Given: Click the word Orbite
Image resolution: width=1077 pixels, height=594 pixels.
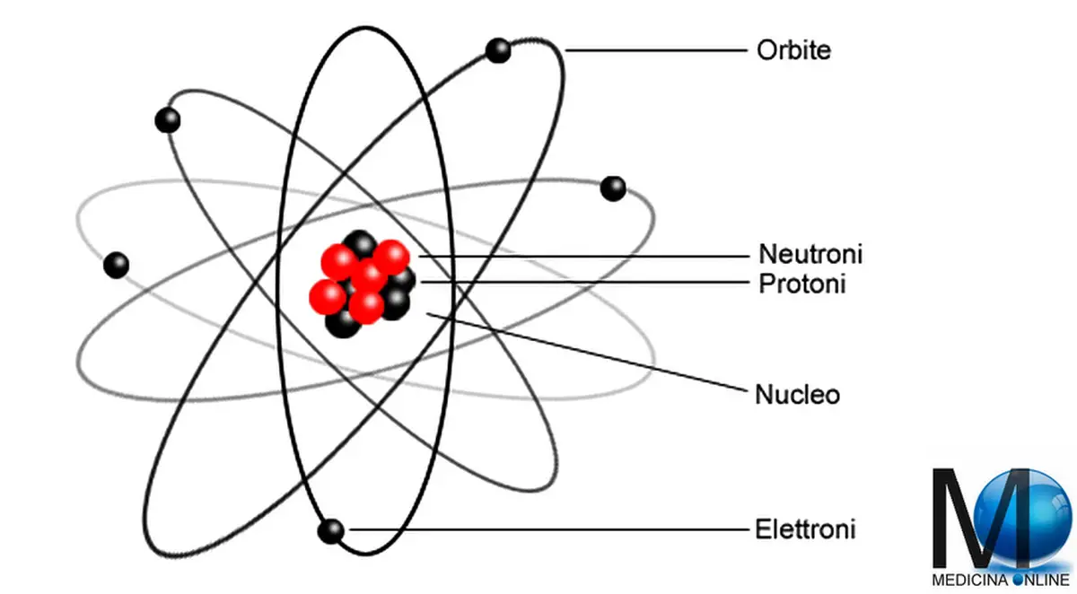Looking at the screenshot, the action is coord(793,50).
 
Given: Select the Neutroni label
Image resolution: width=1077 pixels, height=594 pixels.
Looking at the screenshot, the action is coord(810,254).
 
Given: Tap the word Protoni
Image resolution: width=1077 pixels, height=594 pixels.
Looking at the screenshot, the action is coord(802,284).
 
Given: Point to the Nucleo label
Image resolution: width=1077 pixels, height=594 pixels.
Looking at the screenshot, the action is coord(798,395).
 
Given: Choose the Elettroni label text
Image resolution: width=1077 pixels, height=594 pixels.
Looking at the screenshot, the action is coord(805,529).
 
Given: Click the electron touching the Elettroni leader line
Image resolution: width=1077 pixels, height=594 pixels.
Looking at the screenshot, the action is coord(331,531).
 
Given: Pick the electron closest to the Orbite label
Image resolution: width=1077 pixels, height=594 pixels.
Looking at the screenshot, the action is coord(498,50).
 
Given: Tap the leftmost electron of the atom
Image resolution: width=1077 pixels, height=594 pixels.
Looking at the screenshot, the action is coord(117,265).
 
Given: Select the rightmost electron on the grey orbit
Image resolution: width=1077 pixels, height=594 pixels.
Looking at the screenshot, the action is coord(613,188).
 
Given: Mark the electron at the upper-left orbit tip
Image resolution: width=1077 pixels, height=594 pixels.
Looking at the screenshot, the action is coord(168,120).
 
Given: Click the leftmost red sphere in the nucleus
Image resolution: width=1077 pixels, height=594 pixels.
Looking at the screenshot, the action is coord(328,297).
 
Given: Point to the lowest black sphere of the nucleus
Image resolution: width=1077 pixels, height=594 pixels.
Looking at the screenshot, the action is coord(342,322).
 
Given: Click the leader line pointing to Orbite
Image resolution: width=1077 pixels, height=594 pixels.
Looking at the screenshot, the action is coord(656,50).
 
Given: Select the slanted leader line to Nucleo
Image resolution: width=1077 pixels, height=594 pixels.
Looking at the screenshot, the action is coord(587,353).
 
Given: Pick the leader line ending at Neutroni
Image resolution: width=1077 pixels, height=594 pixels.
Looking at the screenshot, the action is coord(583,256).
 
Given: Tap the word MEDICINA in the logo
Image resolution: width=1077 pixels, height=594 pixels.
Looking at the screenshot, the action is coord(971,580).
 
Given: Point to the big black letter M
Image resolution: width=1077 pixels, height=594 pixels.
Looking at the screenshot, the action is coord(981,518).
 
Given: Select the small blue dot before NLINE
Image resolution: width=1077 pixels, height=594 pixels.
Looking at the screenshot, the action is coord(1019,580).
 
